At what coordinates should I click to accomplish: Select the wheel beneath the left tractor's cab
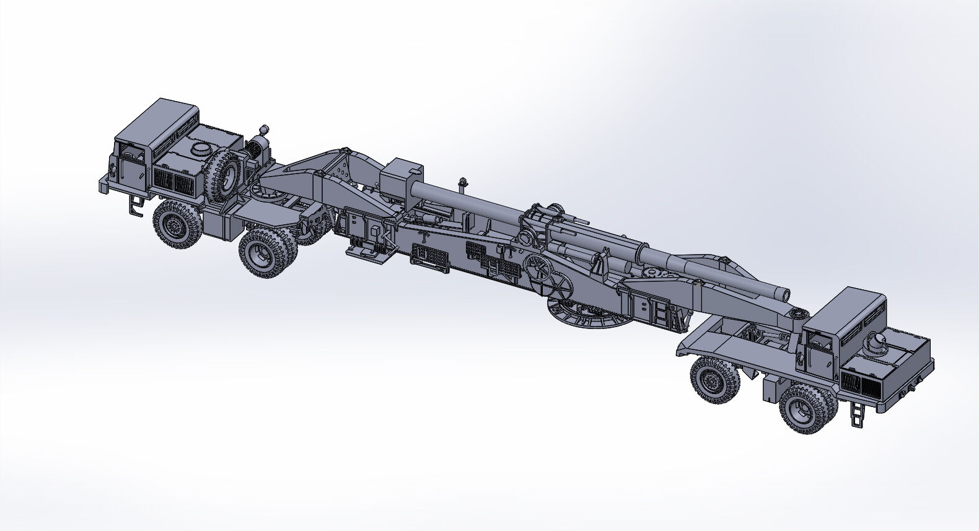pos(175,224)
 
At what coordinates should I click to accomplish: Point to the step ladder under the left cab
pos(136,204)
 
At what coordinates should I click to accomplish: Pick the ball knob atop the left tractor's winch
pos(263,129)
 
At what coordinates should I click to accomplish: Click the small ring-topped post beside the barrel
pos(461,183)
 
